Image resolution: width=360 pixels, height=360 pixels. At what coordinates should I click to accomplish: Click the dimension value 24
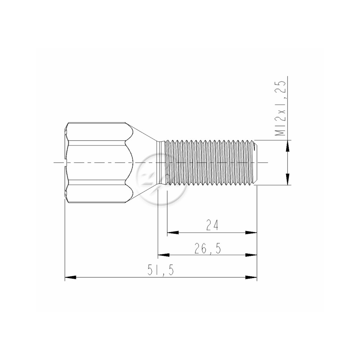pos(212,225)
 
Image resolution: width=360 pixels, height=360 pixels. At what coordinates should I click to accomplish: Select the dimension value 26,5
pos(207,248)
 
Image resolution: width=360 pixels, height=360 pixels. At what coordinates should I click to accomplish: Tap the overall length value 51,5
pos(161,270)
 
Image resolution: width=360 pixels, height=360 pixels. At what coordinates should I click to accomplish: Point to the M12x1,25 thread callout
pos(281,108)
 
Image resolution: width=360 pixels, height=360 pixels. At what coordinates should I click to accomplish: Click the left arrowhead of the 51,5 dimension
pos(70,277)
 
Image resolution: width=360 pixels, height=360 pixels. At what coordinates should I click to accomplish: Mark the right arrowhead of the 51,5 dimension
pos(251,277)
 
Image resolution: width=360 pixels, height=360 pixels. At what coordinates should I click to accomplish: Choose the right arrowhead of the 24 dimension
pos(251,233)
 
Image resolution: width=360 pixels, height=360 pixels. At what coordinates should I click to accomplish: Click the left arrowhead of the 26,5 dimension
pos(163,255)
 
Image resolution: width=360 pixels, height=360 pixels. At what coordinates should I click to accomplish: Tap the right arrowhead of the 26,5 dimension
pos(251,255)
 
